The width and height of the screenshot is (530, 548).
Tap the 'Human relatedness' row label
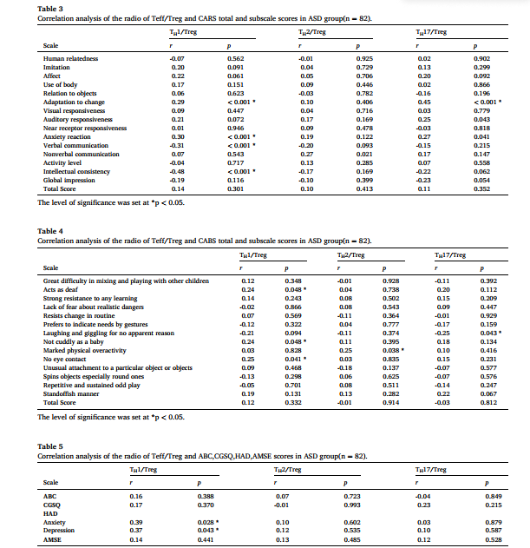[70, 58]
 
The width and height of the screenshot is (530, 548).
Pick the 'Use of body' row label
[60, 83]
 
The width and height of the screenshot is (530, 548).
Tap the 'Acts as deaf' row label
[62, 289]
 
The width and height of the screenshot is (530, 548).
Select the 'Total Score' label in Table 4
[59, 401]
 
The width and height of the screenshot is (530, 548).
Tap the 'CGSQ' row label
[52, 504]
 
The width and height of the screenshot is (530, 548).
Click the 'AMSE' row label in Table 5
[51, 539]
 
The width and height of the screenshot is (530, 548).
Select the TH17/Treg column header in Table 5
[431, 468]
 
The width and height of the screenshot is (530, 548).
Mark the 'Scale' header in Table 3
[50, 45]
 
